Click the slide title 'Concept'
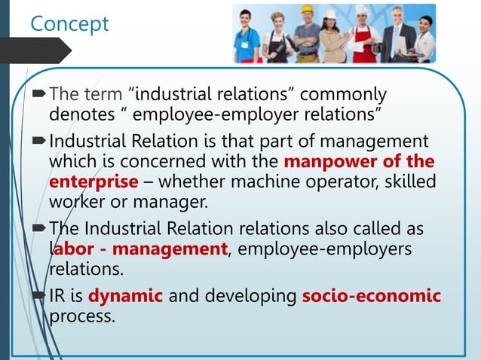69,23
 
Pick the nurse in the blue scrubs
247,38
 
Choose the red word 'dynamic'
125,296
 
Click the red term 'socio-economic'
371,296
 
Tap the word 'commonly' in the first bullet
343,95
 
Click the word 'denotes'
78,114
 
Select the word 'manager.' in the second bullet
176,201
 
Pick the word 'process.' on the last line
83,316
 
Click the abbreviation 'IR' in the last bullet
59,296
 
